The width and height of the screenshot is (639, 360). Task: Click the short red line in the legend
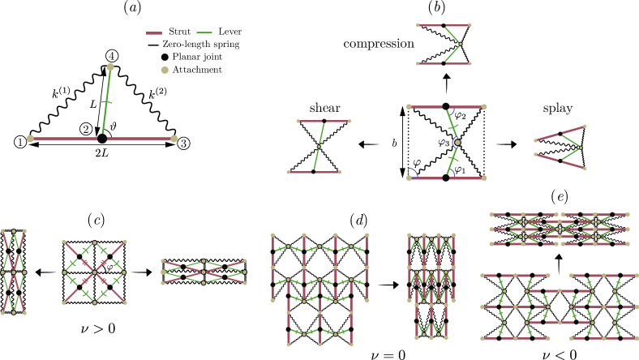tap(154, 33)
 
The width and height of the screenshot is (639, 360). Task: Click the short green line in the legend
tap(204, 33)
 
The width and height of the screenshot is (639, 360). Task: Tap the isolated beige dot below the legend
tap(165, 71)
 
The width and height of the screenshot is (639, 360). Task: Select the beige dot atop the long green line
tap(110, 67)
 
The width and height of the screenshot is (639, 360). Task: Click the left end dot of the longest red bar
tap(31, 139)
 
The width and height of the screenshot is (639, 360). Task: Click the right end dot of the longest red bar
tap(174, 139)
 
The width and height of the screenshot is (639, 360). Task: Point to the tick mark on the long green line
tap(106, 102)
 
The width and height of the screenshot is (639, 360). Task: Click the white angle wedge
tap(412, 174)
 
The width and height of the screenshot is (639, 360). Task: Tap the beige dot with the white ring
tap(457, 143)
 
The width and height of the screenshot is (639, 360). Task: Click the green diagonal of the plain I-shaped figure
tap(319, 147)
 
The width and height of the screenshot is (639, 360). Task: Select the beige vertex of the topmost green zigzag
tap(461, 44)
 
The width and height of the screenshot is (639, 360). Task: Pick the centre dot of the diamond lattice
tap(94, 272)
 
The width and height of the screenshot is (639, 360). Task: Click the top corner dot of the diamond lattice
tap(94, 242)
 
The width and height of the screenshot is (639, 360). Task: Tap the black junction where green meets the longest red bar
tap(102, 139)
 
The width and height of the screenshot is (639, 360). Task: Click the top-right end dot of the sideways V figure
tap(585, 126)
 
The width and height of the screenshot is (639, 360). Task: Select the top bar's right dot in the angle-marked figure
tap(484, 106)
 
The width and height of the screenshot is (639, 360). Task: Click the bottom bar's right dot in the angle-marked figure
tap(484, 178)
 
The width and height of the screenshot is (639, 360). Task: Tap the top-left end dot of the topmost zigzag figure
tap(418, 25)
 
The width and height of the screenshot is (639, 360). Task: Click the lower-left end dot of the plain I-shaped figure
tap(289, 172)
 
